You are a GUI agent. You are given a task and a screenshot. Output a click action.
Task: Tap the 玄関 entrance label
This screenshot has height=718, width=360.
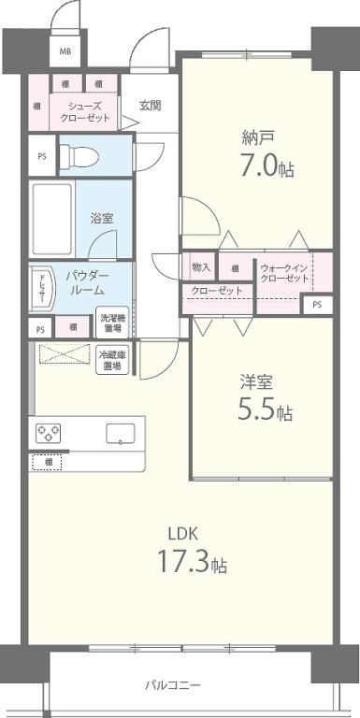[x=151, y=105]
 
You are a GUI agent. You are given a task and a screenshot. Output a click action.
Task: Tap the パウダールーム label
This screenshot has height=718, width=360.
[x=87, y=283]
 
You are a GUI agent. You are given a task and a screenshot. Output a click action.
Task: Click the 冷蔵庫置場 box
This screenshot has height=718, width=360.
[x=112, y=360]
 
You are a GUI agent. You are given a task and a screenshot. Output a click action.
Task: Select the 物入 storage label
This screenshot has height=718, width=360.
[x=201, y=267]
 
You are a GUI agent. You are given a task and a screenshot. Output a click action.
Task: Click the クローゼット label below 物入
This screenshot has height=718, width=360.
[x=217, y=292]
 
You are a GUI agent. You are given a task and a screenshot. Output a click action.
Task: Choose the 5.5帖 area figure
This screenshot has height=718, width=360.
[x=264, y=410]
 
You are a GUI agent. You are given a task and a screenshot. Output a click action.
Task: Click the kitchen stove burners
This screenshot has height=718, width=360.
[x=49, y=433]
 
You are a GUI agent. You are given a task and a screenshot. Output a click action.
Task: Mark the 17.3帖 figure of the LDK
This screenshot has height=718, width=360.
[x=193, y=564]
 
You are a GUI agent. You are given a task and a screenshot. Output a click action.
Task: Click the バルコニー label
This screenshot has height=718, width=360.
[x=172, y=685]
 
